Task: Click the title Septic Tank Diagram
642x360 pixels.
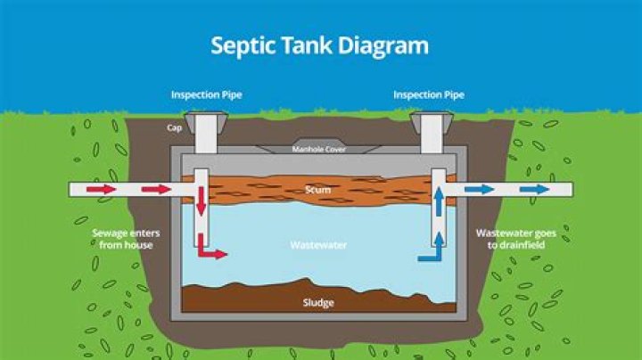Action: [x=319, y=45]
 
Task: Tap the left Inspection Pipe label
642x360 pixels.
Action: [x=206, y=94]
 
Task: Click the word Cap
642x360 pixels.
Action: [x=176, y=127]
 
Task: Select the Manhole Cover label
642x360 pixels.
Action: [x=318, y=149]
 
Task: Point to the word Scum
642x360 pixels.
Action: [x=318, y=190]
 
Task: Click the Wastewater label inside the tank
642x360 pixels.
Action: [x=318, y=243]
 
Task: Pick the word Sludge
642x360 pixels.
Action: [x=318, y=303]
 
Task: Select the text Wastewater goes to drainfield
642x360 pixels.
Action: [x=515, y=239]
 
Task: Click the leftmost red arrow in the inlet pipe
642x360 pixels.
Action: [x=100, y=189]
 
